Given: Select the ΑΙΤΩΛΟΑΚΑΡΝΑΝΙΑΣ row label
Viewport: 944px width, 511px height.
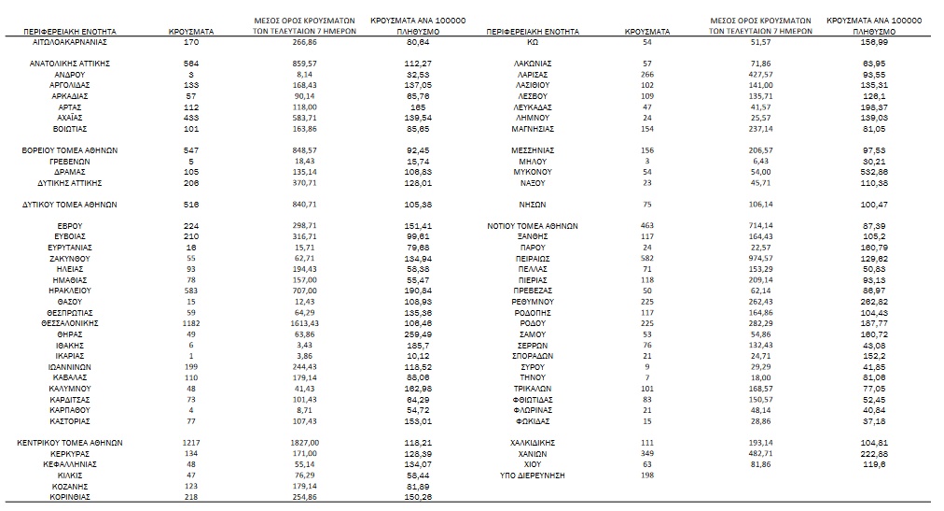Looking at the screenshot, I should point(70,43).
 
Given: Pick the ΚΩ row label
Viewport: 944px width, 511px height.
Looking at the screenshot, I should point(533,43).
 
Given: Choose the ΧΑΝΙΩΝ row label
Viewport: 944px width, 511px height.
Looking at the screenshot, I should point(533,453).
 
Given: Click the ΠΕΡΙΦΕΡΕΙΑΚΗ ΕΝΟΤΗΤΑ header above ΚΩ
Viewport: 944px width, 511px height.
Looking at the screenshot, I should point(533,32).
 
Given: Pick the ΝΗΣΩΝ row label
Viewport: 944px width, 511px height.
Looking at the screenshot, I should point(533,205).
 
